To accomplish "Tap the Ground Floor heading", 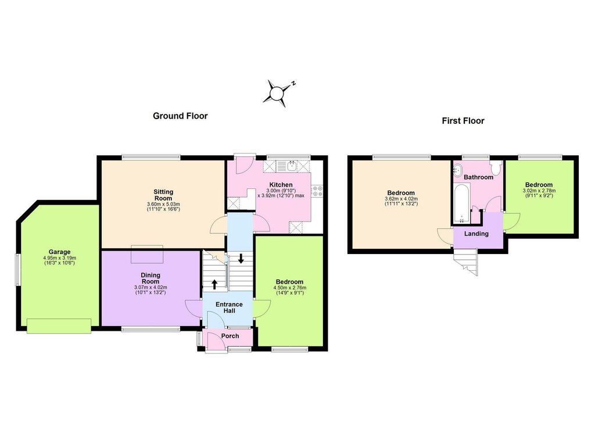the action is tap(180, 116).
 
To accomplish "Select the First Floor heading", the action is tap(463, 121).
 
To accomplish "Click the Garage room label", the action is tap(60, 252).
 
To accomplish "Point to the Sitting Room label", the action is tap(163, 195).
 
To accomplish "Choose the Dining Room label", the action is tap(150, 278).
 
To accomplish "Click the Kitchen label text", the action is tap(281, 185).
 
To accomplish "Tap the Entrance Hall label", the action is tap(229, 307).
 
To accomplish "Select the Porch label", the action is tap(230, 336).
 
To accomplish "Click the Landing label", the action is tap(476, 234).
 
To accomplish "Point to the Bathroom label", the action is tap(479, 177).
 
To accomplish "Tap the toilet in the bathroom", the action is tap(496, 167).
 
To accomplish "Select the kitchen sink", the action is tap(292, 166).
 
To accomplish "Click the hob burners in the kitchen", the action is tap(317, 191).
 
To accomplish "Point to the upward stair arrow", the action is tap(214, 284).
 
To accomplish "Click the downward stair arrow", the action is tap(241, 259).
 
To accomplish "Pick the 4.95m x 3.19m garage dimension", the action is tap(60, 258).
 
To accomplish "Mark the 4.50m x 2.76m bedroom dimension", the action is tap(289, 288).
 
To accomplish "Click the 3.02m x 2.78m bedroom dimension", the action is tap(539, 191).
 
